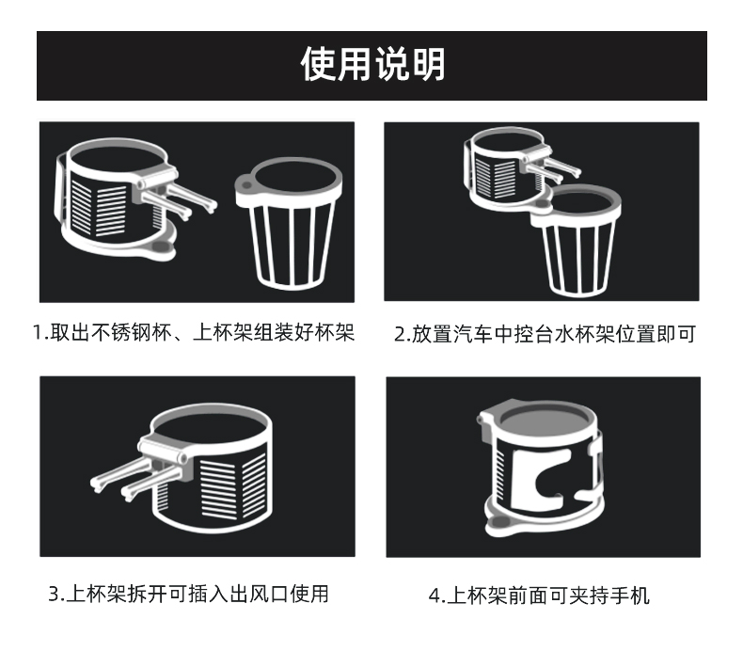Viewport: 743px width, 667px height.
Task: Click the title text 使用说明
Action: [x=372, y=64]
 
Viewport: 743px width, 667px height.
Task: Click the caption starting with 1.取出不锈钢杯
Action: [x=194, y=332]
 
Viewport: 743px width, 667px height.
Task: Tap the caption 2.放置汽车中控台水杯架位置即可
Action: [x=545, y=334]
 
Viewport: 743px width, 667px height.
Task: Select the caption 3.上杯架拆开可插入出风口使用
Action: [x=189, y=594]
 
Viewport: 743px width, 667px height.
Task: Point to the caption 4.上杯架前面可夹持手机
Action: [x=539, y=596]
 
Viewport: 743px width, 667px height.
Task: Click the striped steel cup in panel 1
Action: [x=289, y=223]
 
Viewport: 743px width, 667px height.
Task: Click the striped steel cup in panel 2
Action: [x=576, y=239]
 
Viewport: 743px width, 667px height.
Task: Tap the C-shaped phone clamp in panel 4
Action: [x=539, y=480]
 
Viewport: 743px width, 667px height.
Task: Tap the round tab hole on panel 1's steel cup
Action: [x=245, y=183]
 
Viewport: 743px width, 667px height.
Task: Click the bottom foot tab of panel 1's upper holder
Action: [x=160, y=248]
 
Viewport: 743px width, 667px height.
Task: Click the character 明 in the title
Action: [x=428, y=64]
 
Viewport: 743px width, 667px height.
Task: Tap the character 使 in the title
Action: [x=319, y=64]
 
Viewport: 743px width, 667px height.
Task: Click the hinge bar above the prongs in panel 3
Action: [x=164, y=450]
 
